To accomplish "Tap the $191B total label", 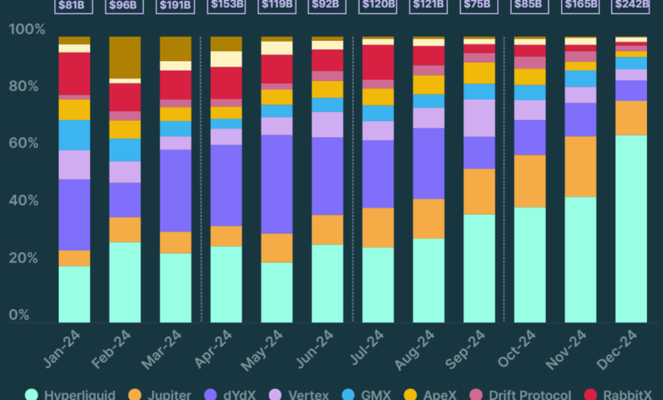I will coord(176,5).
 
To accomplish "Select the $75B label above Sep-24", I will coord(479,5).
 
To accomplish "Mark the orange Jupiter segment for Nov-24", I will coord(581,166).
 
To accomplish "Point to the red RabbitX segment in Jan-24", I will coord(75,73).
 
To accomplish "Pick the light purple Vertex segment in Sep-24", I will coord(479,117).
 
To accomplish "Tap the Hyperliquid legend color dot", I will coord(31,393).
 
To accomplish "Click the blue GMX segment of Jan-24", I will coord(75,134).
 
